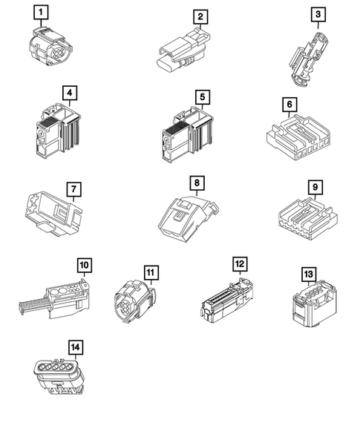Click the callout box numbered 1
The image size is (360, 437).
[41, 13]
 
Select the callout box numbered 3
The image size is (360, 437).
[318, 15]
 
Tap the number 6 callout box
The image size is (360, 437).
[289, 105]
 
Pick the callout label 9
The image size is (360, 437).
[315, 187]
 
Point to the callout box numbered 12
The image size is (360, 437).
[240, 264]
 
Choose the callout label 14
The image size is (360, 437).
[76, 347]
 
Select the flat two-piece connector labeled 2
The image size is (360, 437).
[183, 50]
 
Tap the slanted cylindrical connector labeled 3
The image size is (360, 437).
[307, 59]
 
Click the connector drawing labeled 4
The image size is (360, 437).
[58, 130]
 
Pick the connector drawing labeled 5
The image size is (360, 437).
[187, 134]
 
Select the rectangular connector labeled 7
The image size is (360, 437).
[53, 214]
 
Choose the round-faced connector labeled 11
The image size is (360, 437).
[135, 303]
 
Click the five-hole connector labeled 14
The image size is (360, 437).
[59, 376]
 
